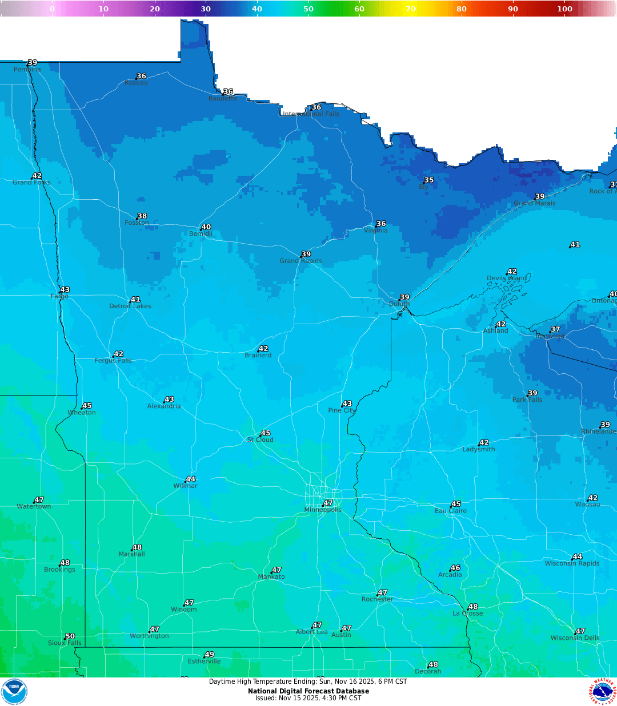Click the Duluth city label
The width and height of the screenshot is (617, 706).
[399, 304]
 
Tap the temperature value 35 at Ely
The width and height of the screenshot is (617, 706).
[429, 180]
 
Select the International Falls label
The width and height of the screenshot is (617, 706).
[311, 114]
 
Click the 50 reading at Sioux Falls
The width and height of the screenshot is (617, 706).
[70, 636]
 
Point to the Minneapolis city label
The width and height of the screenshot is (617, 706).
[323, 510]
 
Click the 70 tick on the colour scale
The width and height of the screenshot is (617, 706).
[411, 9]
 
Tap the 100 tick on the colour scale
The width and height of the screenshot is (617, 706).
[564, 9]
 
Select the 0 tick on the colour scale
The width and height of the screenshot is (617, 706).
[52, 9]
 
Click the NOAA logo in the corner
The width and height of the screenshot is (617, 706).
[14, 692]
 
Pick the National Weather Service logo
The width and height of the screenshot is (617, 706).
[603, 692]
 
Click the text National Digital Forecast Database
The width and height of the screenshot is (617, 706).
[308, 691]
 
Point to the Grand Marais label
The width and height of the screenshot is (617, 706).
[534, 203]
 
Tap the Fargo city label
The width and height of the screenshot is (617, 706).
[59, 296]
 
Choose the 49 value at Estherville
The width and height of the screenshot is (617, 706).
[210, 655]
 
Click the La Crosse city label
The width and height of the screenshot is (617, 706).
[467, 614]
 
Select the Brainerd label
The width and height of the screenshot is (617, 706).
[258, 355]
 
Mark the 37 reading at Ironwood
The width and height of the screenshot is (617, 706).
[555, 329]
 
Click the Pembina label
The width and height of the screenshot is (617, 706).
[27, 70]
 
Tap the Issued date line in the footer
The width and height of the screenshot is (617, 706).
[308, 698]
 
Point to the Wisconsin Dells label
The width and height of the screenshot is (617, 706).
[575, 638]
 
